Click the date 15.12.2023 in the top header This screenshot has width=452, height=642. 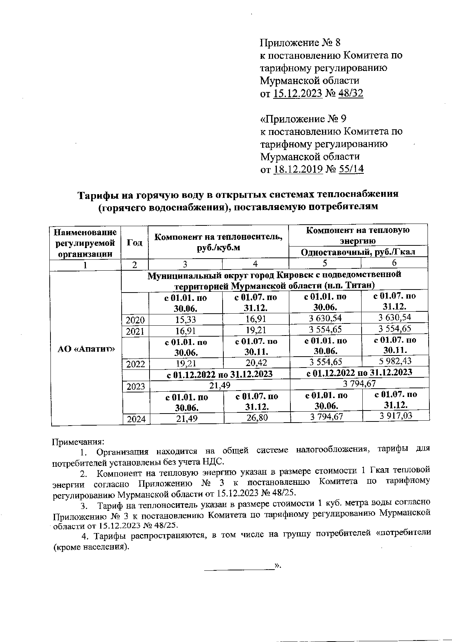point(297,93)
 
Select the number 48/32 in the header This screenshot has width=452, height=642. point(351,93)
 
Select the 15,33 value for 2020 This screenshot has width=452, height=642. point(185,320)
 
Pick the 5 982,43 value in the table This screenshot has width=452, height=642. point(395,361)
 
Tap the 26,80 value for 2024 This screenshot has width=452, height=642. point(257,417)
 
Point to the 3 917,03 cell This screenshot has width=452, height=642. point(395,415)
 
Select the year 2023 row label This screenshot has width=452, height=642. point(136,386)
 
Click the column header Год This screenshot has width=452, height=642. point(134,242)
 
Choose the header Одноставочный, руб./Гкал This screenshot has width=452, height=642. point(357,252)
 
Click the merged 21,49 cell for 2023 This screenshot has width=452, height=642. point(220,385)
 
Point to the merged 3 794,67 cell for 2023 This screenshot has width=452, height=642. point(359,384)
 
